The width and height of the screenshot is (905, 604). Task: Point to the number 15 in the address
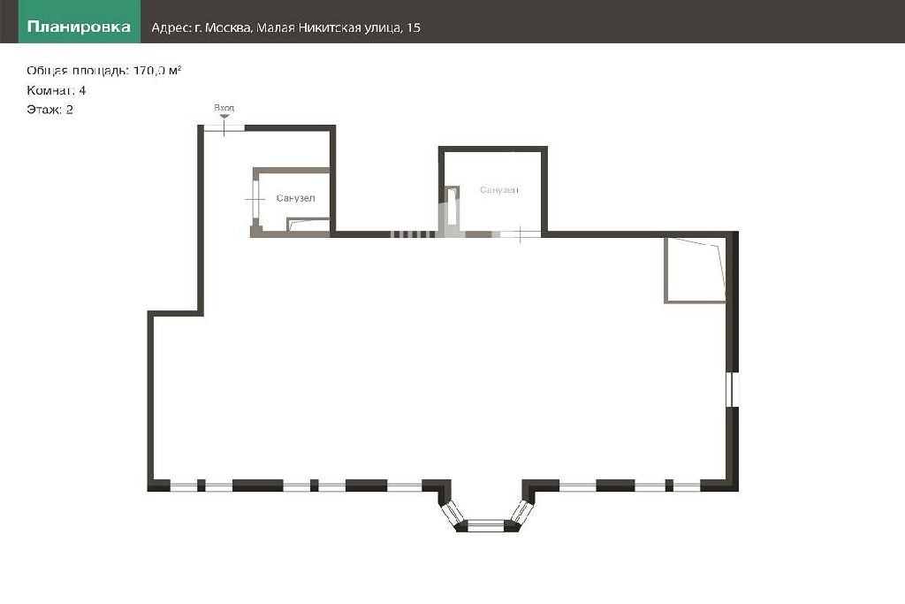[414, 27]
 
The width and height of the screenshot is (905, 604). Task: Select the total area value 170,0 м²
[157, 71]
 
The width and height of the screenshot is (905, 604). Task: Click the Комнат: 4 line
[56, 90]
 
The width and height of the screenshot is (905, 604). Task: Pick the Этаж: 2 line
[49, 110]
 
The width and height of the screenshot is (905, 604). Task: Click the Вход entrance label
[224, 107]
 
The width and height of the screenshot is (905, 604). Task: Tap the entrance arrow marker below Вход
[224, 117]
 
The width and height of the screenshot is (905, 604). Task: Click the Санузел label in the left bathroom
[295, 198]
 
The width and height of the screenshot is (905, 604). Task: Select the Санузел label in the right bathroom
[499, 189]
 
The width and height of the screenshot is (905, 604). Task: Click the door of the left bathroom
[255, 199]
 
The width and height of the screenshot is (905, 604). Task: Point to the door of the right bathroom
[520, 233]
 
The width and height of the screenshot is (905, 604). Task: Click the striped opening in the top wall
[413, 233]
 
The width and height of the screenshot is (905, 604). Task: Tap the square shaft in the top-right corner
[695, 270]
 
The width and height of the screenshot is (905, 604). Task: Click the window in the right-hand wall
[732, 389]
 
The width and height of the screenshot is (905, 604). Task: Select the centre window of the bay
[485, 525]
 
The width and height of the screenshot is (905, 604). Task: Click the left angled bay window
[452, 511]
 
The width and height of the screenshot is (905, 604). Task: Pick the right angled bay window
[520, 511]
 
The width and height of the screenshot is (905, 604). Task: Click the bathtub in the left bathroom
[308, 225]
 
